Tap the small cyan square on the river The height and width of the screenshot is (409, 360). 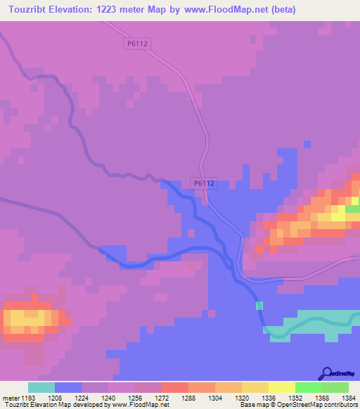pyautogui.click(x=259, y=306)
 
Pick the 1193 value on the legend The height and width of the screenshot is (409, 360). pyautogui.click(x=28, y=397)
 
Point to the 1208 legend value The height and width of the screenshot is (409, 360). pyautogui.click(x=55, y=397)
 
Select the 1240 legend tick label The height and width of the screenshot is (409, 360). pyautogui.click(x=108, y=397)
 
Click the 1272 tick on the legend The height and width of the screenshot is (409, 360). pyautogui.click(x=162, y=397)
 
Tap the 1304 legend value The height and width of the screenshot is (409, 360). pyautogui.click(x=215, y=397)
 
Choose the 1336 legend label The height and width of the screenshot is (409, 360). pyautogui.click(x=269, y=397)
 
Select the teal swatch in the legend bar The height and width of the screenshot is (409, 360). pyautogui.click(x=41, y=387)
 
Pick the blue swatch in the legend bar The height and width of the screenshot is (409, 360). pyautogui.click(x=68, y=387)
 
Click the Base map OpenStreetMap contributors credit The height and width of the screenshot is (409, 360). pyautogui.click(x=297, y=405)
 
